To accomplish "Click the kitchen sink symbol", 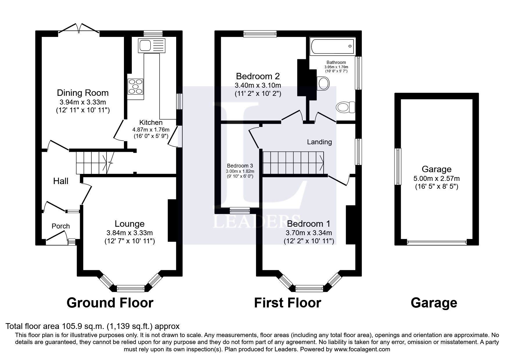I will point(152,46).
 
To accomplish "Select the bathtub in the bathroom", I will point(333,46).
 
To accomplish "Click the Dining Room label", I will point(83,93).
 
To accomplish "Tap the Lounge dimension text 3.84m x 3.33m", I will point(129,233).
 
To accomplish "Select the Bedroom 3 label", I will point(240,165).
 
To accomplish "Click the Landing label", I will point(319,142).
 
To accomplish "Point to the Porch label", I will point(61,226).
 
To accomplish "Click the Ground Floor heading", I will point(110,303).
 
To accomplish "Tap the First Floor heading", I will point(287,303).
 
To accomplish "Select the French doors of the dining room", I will point(79,30).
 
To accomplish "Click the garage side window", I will point(398,166).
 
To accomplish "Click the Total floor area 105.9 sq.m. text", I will point(92,326).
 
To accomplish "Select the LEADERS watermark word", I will point(257,222).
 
